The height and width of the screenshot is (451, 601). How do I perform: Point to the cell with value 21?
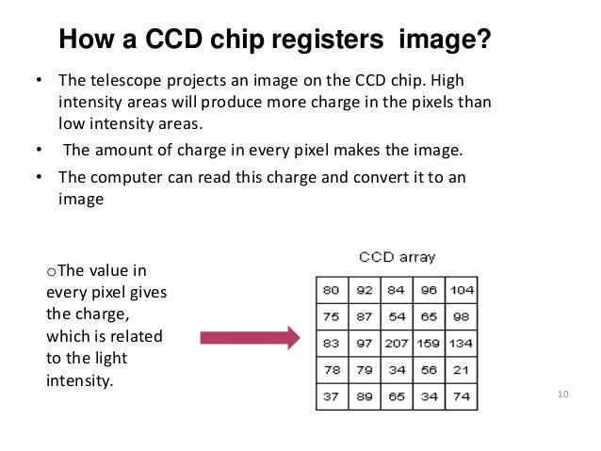point(460,369)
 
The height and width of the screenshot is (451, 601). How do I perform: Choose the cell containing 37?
point(330,395)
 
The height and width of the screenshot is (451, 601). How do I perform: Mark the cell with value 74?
point(460,395)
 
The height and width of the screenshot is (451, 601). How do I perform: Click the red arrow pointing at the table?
point(248,336)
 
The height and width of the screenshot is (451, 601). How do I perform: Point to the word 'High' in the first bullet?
point(473,78)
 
